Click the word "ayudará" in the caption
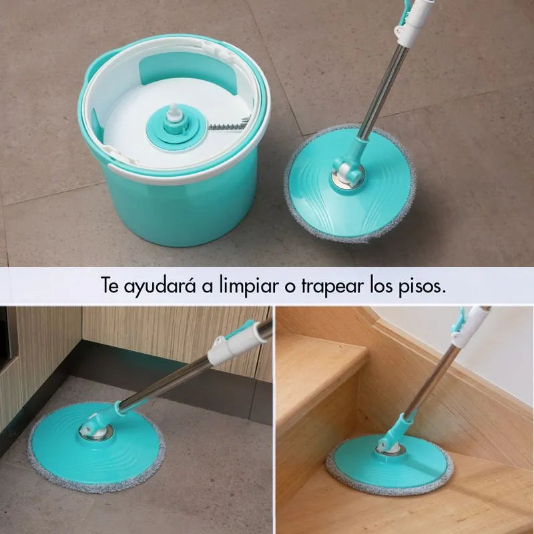(160, 286)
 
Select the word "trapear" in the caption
(332, 286)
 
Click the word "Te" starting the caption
(109, 286)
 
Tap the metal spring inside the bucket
(228, 125)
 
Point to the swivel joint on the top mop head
(348, 173)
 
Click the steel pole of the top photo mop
(383, 91)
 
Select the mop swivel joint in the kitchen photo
(96, 427)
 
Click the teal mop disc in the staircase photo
(390, 461)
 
